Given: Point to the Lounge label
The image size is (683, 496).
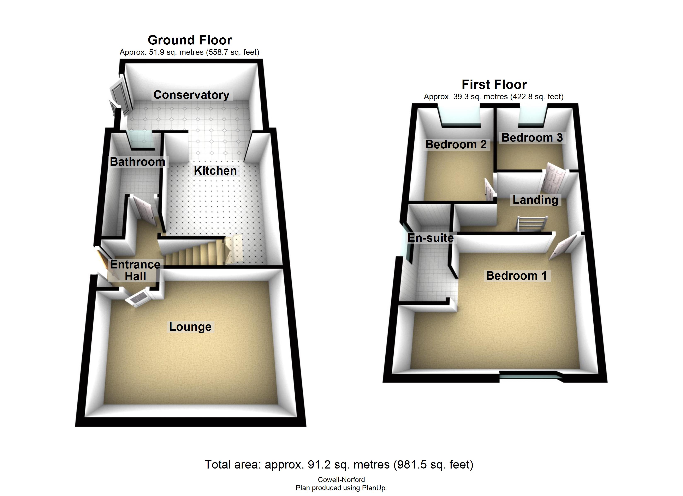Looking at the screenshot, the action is [190, 327].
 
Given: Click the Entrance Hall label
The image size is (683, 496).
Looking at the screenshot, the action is [135, 270].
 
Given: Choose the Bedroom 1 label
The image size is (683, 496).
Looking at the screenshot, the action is [516, 275].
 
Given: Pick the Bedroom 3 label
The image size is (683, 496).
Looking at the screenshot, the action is [532, 138].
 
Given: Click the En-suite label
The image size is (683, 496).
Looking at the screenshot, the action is [430, 238].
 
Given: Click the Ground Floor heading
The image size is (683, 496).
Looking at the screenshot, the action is [190, 40].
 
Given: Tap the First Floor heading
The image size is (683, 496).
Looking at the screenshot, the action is [494, 85].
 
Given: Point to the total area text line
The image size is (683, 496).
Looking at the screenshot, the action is [339, 465].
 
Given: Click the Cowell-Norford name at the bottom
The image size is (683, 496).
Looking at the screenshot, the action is [341, 480].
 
